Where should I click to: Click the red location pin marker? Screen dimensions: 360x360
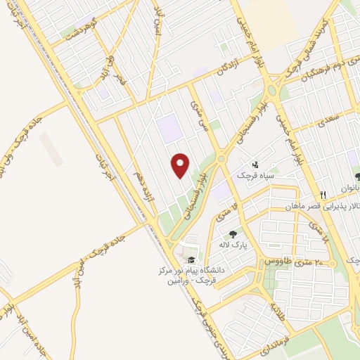(x=181, y=165)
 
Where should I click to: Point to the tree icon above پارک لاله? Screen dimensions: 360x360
(x=233, y=234)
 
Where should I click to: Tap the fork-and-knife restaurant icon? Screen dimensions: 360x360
(x=323, y=195)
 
